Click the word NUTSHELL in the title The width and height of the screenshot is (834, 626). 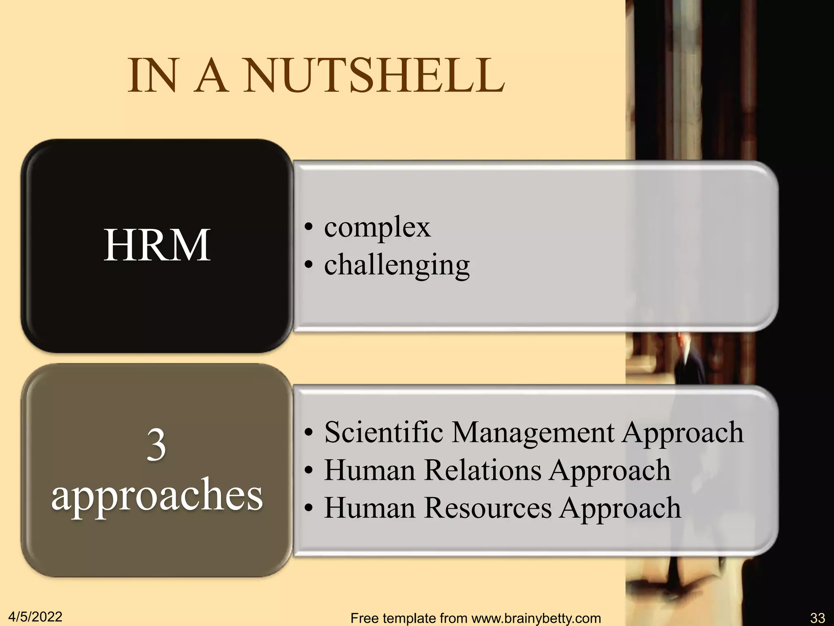[x=375, y=76]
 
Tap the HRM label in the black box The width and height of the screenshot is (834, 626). [x=157, y=245]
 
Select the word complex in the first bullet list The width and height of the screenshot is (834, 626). [x=377, y=227]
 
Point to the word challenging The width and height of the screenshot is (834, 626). [x=397, y=265]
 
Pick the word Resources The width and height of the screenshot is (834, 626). [x=488, y=508]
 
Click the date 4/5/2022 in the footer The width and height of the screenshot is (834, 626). [x=35, y=617]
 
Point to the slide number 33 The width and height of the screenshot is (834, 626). [x=817, y=618]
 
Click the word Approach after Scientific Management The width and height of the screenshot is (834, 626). [x=683, y=433]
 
